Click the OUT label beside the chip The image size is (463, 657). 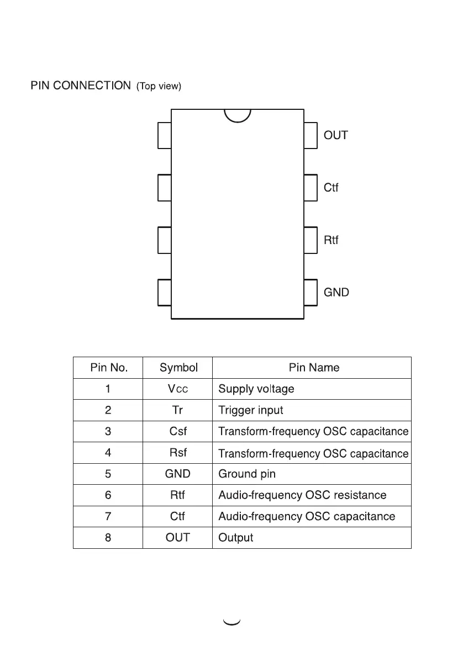335,135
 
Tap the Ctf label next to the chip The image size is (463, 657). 331,188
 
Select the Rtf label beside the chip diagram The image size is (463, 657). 331,240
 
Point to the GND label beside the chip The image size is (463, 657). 336,293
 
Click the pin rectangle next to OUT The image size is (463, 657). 311,135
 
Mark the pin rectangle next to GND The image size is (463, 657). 311,293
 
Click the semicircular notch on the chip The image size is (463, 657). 238,115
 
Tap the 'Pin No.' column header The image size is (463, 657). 108,368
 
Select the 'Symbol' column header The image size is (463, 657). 178,368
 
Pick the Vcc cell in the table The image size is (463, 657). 178,389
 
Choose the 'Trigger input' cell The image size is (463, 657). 251,410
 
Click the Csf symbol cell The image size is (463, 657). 178,431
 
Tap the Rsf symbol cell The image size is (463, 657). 178,453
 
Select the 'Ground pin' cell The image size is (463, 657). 247,474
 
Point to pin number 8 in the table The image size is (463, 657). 108,537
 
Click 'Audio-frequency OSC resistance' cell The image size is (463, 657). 302,495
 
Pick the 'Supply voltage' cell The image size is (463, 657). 256,389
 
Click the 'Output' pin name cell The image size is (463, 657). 236,537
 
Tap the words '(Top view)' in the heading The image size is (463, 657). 159,86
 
